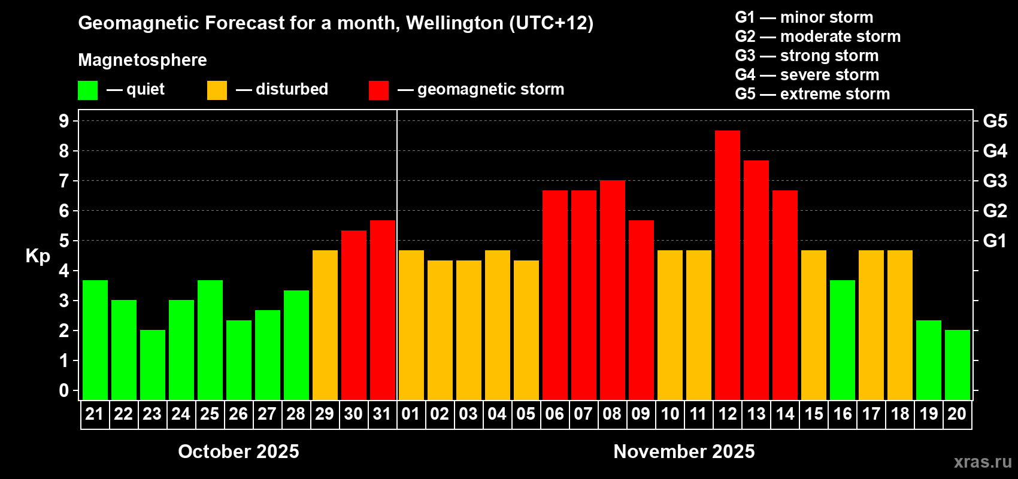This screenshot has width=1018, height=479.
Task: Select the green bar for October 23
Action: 152,365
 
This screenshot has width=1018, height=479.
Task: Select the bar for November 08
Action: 612,290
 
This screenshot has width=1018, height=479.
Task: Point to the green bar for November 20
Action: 957,365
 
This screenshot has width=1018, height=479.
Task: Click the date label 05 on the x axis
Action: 526,414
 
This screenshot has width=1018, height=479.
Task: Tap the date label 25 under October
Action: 210,414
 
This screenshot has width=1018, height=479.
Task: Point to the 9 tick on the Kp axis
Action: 64,121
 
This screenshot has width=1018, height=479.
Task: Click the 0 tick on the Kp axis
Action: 64,390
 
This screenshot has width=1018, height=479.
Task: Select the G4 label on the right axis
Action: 995,151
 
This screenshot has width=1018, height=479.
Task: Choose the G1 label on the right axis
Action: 995,241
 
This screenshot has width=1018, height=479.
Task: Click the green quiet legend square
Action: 87,90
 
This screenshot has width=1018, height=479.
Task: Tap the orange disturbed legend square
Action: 217,90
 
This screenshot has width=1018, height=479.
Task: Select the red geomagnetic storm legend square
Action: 378,90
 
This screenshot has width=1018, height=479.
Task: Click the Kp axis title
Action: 38,256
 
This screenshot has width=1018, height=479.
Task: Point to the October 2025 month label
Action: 238,451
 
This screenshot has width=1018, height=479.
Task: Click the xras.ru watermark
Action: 982,462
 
